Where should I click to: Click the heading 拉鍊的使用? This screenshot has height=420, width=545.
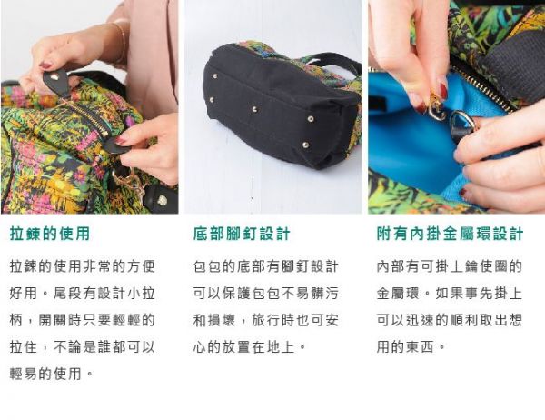coord(50,234)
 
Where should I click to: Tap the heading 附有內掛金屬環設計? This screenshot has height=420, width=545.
coord(450,234)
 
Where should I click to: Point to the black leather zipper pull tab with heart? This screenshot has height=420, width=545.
coord(57,82)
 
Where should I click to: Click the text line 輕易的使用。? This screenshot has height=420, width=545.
coord(52,373)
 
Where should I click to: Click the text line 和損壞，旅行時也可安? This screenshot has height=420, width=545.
coord(265,320)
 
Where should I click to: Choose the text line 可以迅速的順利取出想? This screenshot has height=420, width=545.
coord(449,320)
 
